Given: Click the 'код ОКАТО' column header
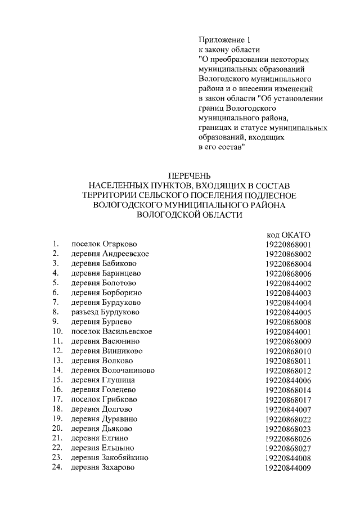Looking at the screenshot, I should coord(288,235).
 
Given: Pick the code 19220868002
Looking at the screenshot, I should coord(288,254).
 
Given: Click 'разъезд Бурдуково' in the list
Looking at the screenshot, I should coord(105,312).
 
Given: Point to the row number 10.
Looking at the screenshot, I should coord(57,331).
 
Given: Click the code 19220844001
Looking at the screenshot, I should coord(288,331).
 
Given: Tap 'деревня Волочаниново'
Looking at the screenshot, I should coord(112,370).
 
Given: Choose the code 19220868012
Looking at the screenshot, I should coord(288,370).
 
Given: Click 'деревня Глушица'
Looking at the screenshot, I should coord(103,380).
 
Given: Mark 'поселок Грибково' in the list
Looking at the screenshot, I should coord(104,399).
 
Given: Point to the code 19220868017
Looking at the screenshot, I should coord(288,399).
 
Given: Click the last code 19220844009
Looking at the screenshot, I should coord(288,467).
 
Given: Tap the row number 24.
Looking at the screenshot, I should coord(57,467).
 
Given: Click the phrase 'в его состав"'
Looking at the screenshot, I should coord(222,147).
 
